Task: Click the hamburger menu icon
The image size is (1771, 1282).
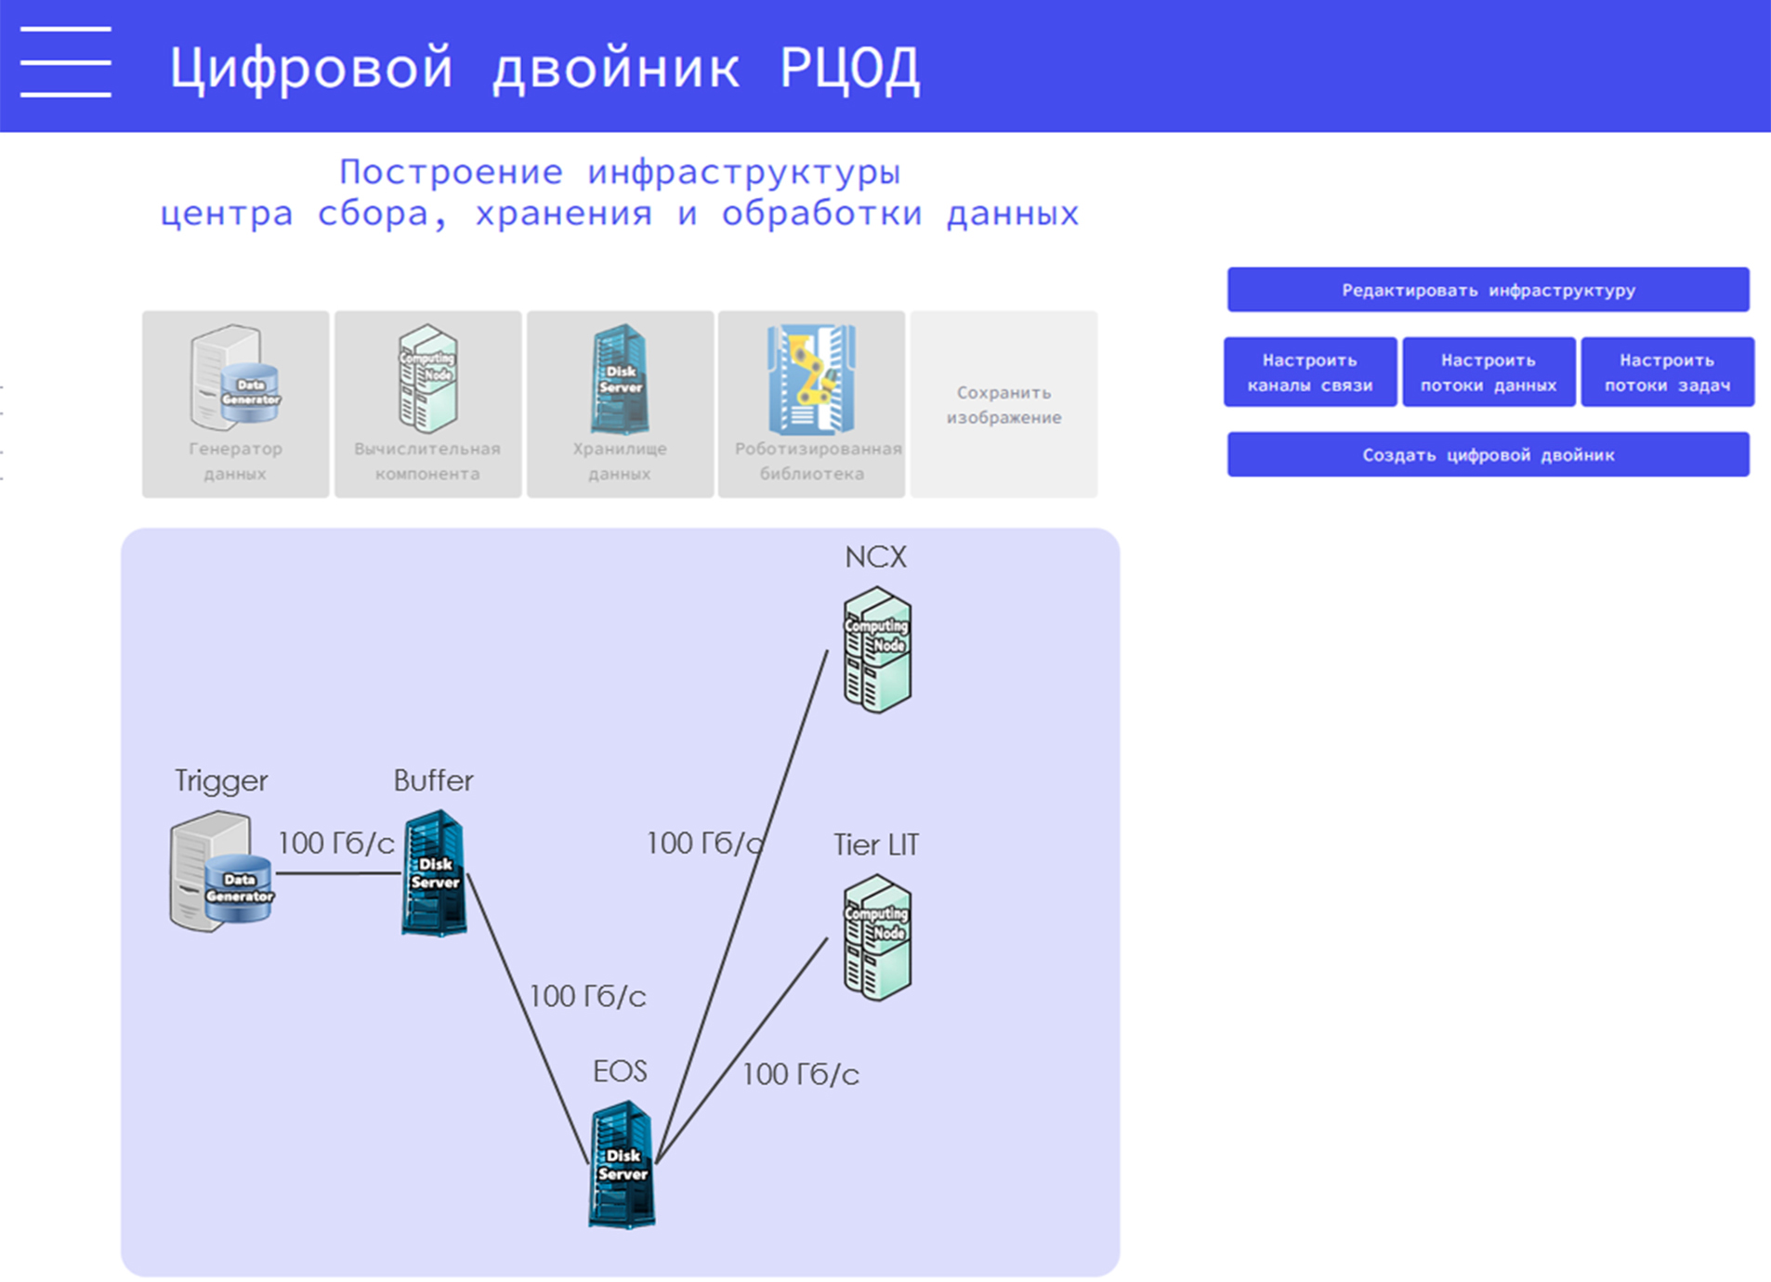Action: click(x=65, y=62)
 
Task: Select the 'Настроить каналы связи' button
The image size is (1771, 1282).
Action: click(x=1309, y=373)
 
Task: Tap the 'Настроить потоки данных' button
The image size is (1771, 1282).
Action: click(x=1488, y=373)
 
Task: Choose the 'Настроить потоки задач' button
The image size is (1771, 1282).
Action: click(x=1667, y=373)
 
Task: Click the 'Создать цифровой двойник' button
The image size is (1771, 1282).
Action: click(x=1488, y=455)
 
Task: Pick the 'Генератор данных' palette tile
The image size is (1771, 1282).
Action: click(x=235, y=404)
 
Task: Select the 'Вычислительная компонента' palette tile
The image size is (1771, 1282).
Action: click(x=427, y=404)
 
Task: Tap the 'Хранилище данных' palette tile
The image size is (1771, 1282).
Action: click(x=620, y=404)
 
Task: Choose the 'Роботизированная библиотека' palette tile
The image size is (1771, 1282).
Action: click(x=811, y=404)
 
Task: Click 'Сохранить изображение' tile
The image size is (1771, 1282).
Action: click(x=1004, y=405)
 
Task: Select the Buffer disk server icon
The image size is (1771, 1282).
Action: click(x=435, y=873)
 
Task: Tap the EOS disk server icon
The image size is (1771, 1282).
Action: click(x=622, y=1165)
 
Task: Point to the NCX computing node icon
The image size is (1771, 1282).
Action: click(x=877, y=650)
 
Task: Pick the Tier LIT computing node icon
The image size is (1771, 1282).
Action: click(x=877, y=937)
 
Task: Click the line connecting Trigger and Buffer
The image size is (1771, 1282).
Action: click(x=338, y=873)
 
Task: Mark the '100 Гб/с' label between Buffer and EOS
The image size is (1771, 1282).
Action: click(x=587, y=997)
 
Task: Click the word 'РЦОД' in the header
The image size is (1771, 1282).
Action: click(x=849, y=68)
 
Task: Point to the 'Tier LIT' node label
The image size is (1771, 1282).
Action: click(x=876, y=845)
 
